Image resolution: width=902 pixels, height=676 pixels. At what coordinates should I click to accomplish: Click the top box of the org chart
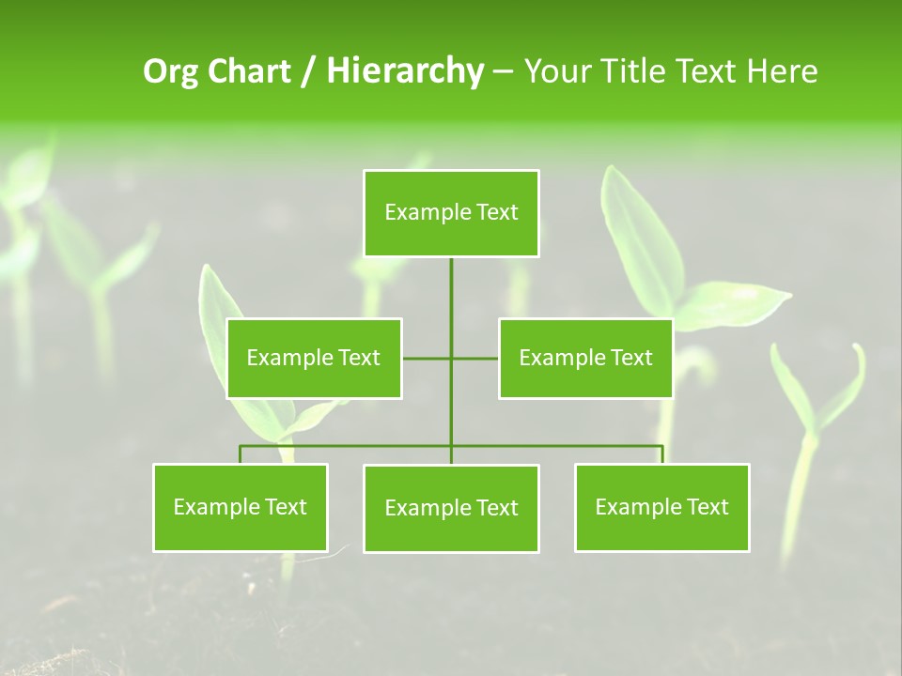coord(451,213)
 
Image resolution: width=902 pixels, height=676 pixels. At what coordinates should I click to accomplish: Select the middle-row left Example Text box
coord(314,358)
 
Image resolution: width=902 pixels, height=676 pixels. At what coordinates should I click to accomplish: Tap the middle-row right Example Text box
coord(585,358)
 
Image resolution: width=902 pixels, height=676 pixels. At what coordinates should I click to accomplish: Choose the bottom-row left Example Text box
coord(241,507)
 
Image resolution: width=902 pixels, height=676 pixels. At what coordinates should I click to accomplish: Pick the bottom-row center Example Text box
coord(451,508)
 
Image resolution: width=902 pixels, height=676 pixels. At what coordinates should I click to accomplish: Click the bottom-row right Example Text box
coord(661,507)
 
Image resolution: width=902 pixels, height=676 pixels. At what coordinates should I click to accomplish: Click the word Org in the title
coord(171,71)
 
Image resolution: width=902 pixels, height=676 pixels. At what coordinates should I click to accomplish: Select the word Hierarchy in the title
coord(405,71)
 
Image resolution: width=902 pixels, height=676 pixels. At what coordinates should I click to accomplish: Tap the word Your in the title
coord(558,71)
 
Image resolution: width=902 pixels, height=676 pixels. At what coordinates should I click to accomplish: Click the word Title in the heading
coord(634,71)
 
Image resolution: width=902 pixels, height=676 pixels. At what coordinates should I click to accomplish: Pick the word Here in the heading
coord(783,71)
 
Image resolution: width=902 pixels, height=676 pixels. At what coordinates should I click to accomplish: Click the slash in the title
coord(309,71)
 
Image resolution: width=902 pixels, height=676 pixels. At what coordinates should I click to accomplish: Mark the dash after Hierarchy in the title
coord(503,72)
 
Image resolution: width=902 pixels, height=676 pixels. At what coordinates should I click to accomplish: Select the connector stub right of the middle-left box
coord(426,358)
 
